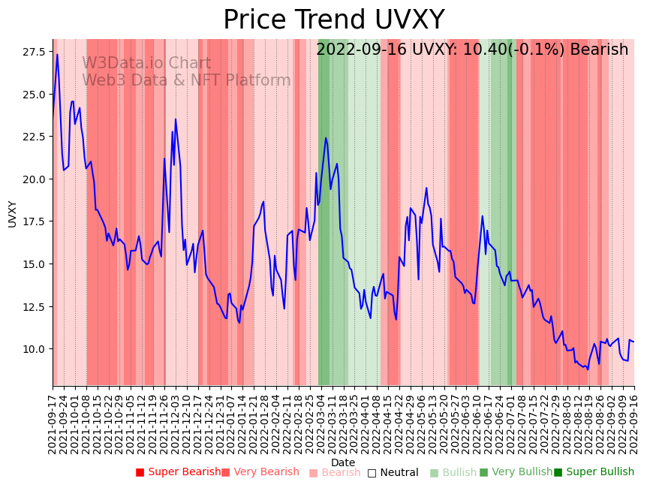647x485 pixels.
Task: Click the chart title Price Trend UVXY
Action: (333, 20)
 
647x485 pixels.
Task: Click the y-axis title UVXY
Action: (12, 213)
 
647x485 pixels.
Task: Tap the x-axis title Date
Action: (343, 462)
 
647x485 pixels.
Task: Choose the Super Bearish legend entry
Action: (178, 472)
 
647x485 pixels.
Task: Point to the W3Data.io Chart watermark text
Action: (146, 63)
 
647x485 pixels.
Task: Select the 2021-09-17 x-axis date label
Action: (53, 421)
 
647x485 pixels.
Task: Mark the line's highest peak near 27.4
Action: (57, 54)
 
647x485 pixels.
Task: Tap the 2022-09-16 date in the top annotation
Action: (359, 50)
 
